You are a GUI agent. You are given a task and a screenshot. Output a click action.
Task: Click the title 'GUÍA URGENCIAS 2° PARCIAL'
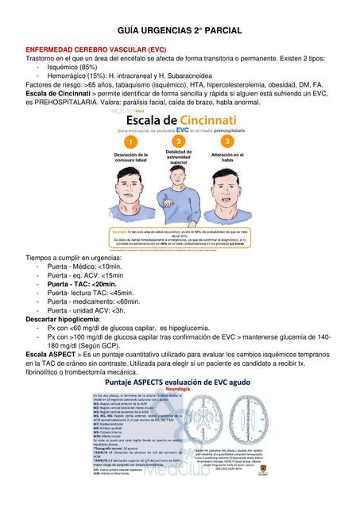(180, 29)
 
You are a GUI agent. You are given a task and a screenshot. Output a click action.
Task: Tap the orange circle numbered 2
(178, 140)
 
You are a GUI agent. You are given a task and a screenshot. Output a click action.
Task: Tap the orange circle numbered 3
(226, 140)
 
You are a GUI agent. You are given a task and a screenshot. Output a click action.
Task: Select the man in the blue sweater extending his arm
(180, 195)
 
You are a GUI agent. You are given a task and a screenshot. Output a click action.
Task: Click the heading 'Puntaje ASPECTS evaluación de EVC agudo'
(181, 383)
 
